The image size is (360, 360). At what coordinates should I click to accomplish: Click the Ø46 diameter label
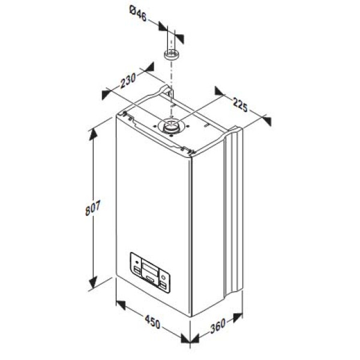139,11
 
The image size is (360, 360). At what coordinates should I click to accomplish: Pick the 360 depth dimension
218,328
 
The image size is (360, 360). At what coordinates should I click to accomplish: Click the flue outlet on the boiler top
170,127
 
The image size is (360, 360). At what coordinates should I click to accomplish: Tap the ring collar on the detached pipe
172,56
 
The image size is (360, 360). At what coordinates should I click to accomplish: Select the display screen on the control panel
151,268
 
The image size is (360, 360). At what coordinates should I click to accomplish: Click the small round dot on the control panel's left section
136,262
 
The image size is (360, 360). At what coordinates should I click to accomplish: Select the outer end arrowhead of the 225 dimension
265,119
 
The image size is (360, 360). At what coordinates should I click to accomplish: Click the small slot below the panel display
150,280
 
